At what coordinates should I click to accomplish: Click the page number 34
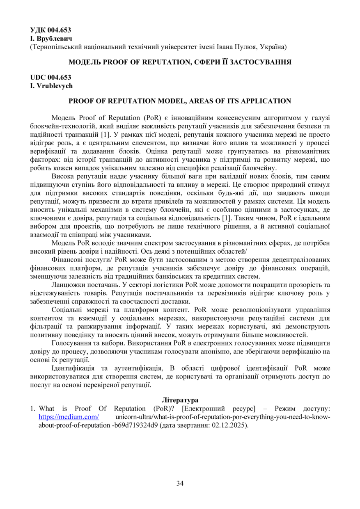(x=180, y=483)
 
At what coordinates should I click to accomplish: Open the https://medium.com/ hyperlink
(x=69, y=417)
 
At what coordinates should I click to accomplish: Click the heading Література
(x=180, y=399)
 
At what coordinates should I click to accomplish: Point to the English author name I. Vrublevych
(x=51, y=85)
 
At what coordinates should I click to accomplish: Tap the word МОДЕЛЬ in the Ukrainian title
(x=84, y=62)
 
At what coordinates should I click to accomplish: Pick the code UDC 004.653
(x=50, y=77)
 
